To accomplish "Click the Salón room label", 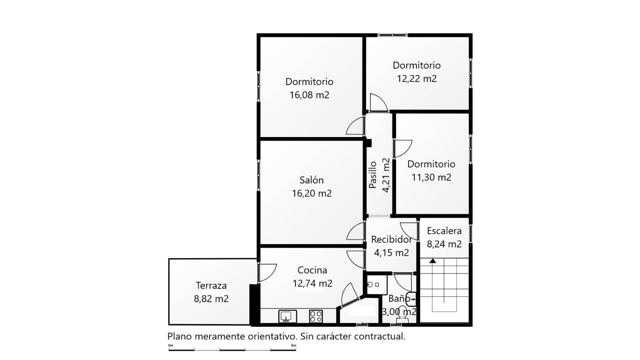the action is [311, 180].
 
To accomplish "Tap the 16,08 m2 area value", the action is [309, 95].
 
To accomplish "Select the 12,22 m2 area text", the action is [417, 78].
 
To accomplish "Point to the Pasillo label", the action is [373, 175].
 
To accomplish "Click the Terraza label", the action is [211, 286].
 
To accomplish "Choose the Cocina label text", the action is [312, 270].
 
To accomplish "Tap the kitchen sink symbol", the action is [288, 317].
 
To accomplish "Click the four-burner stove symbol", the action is [316, 317].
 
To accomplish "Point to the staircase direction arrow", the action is [432, 261].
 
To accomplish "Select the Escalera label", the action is [444, 231].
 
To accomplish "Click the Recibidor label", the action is [391, 240].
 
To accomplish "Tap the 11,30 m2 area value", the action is [432, 178].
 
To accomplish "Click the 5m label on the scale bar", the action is [294, 346].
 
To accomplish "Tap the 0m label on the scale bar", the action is [171, 346].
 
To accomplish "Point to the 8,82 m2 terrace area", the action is [211, 299].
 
